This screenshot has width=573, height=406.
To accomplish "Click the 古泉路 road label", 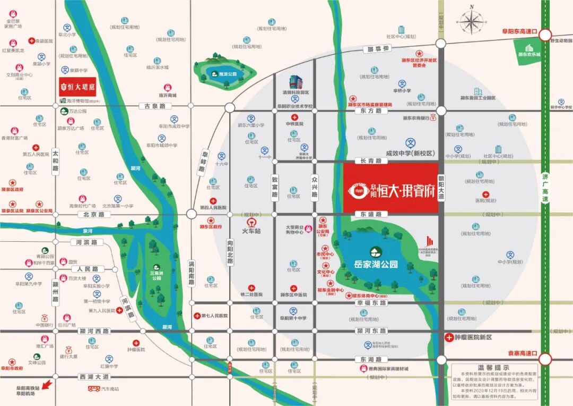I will [x=152, y=106].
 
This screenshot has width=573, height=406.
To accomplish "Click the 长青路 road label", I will [x=371, y=160].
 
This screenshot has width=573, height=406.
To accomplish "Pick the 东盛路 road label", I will [x=371, y=214].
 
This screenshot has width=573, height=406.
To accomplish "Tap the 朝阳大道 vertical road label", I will [x=441, y=188].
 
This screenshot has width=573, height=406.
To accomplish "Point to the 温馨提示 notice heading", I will [x=493, y=367].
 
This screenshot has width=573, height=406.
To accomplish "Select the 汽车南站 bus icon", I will [x=94, y=389].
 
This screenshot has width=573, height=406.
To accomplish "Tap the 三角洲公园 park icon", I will [x=156, y=268].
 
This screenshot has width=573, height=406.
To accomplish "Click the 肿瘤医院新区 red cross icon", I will [x=449, y=337].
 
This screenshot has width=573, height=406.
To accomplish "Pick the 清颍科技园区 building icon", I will [x=296, y=82].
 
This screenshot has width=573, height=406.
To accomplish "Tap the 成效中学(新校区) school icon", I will [x=410, y=143].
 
